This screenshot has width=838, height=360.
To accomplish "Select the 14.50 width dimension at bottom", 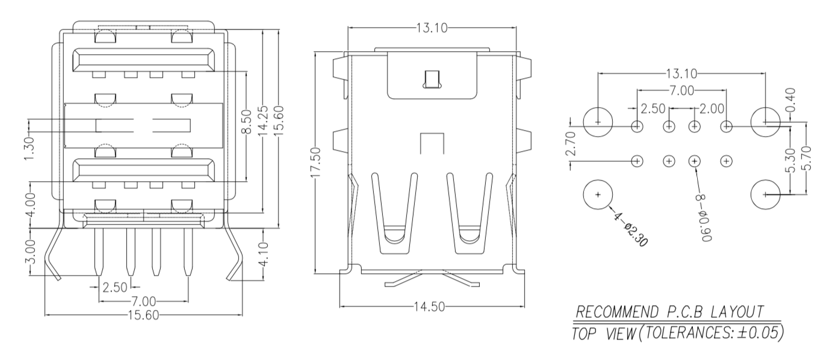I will click(429, 307).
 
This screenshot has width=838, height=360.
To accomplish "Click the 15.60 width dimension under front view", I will click(143, 315).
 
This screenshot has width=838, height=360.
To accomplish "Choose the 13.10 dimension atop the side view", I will click(431, 27).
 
